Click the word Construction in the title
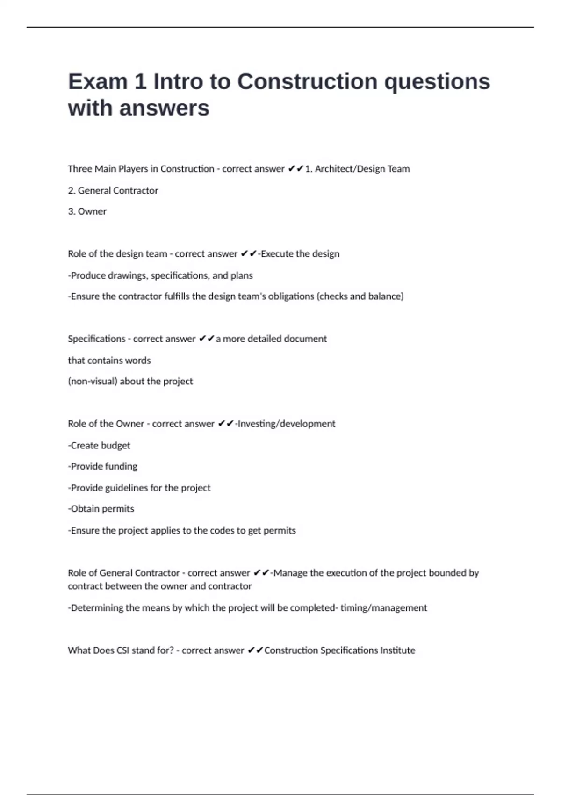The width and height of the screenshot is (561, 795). point(307,82)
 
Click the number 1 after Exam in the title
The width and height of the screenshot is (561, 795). point(140,82)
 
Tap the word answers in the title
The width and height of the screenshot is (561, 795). point(164,108)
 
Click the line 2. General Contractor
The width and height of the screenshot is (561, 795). point(113,191)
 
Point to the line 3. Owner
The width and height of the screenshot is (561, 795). point(87,211)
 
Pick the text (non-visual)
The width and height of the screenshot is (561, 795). point(93,381)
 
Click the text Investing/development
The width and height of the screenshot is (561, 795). point(286,424)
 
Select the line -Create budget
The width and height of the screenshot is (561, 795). point(99,446)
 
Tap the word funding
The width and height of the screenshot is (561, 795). point(121,466)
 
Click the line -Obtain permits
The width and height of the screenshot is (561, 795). point(101,509)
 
